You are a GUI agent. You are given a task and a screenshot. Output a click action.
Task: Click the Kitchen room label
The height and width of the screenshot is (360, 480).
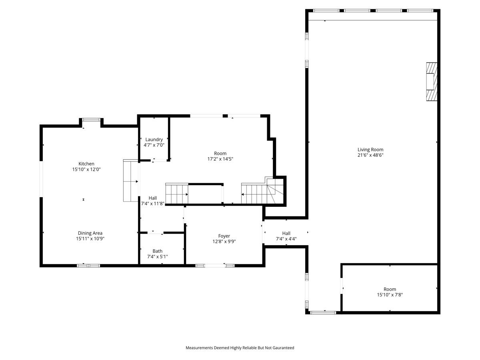pos(86,164)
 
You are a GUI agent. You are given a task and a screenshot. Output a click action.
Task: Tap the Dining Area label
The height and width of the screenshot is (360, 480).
pos(90,233)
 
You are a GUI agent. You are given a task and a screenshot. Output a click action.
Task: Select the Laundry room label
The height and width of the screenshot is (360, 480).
pos(154,140)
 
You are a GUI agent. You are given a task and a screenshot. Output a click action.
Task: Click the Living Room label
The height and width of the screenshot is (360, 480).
pos(370,150)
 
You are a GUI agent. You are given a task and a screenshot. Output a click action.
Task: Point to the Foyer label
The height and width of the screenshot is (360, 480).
pos(224,236)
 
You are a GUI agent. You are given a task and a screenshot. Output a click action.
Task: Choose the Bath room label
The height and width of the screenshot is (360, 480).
pos(157,251)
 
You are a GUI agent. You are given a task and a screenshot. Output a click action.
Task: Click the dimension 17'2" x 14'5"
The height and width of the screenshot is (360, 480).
pos(220,159)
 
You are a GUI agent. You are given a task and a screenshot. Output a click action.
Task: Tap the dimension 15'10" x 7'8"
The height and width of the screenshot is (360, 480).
pos(390,295)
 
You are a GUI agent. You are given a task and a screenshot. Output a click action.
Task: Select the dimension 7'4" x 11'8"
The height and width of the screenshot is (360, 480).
pos(153,204)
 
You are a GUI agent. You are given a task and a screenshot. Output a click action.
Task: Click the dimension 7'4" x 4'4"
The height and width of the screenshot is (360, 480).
pos(286,239)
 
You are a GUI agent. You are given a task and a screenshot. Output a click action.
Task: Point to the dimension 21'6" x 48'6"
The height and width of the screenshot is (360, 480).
pos(370,155)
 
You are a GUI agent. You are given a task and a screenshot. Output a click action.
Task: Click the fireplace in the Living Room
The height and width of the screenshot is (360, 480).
pos(431,82)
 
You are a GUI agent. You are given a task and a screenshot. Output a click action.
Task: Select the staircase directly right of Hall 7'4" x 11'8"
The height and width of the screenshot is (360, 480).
pos(177,194)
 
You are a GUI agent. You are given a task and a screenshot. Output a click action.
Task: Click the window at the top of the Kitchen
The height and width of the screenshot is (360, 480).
pos(91,119)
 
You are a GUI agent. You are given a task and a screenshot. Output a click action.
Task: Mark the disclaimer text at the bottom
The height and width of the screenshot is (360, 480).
pos(240,348)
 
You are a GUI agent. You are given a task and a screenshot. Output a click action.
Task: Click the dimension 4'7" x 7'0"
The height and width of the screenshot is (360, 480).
pos(154,145)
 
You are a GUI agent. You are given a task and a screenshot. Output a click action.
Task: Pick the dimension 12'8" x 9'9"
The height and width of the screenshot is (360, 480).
pos(224,241)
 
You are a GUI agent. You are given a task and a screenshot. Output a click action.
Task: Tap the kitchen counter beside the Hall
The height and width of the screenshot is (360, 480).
pos(130,181)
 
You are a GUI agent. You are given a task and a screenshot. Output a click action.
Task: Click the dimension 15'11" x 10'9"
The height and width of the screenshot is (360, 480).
pos(90,238)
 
